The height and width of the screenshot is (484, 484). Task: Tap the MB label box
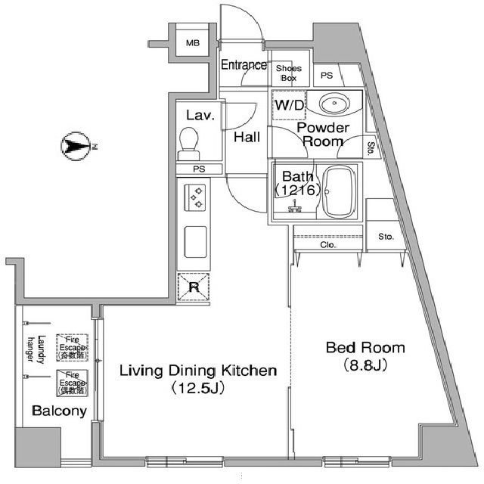pyautogui.click(x=194, y=44)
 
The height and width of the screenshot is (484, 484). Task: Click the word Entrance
pyautogui.click(x=244, y=65)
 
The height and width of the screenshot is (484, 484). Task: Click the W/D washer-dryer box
pyautogui.click(x=288, y=105)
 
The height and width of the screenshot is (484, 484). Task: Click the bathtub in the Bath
pyautogui.click(x=341, y=194)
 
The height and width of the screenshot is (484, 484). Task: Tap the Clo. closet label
pyautogui.click(x=327, y=245)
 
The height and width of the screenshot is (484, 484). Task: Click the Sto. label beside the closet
pyautogui.click(x=386, y=237)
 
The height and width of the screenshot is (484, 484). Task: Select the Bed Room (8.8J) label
pyautogui.click(x=365, y=356)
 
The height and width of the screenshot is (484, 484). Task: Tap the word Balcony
pyautogui.click(x=59, y=411)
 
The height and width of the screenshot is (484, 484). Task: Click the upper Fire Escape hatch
pyautogui.click(x=73, y=346)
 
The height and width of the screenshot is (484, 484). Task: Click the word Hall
pyautogui.click(x=247, y=137)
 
